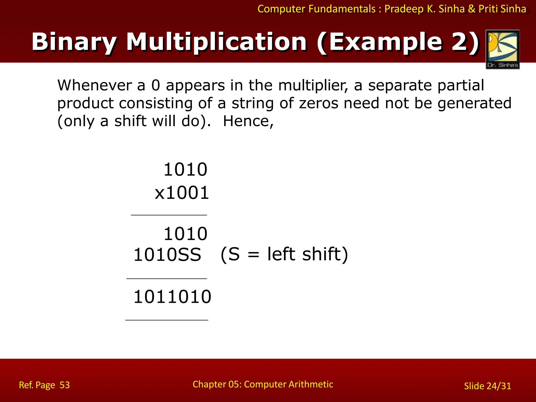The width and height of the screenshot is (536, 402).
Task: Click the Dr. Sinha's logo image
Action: (502, 49)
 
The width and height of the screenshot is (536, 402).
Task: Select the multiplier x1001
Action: (182, 193)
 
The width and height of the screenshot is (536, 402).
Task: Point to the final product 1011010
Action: (172, 297)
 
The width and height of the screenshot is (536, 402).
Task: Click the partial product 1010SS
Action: (167, 255)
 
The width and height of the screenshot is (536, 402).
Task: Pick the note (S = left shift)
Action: (284, 254)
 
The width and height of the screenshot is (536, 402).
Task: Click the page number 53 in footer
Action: (65, 385)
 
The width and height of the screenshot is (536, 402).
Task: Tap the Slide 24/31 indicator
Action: (487, 386)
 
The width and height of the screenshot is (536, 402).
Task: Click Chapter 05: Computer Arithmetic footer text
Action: (263, 384)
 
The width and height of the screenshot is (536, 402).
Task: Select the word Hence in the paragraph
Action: (248, 121)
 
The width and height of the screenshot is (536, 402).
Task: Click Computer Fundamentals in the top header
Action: (316, 9)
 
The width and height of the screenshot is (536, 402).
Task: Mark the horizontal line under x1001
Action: (169, 215)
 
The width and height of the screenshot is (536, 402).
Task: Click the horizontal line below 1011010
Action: (167, 320)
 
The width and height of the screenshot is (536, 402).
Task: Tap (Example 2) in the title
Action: (398, 42)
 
